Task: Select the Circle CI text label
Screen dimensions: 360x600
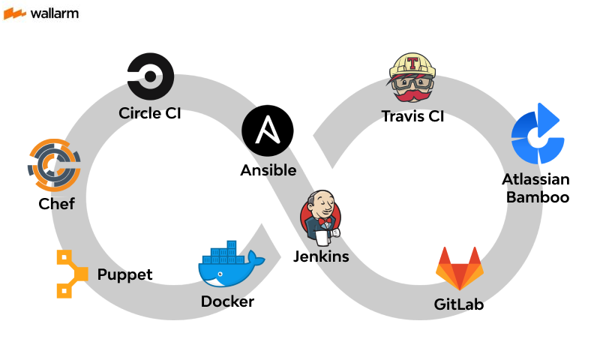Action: pos(150,114)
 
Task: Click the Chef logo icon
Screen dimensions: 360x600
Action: pos(54,166)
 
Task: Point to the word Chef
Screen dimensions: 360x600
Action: pos(57,203)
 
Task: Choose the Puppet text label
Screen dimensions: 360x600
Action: pos(124,274)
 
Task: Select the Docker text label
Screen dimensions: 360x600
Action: pos(227,301)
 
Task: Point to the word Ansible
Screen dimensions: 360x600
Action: pos(268,170)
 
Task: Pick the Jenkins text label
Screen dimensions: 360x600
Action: pos(321,257)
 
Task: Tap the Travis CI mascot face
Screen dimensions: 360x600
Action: pos(412,79)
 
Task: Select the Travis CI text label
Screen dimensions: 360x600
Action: pos(412,116)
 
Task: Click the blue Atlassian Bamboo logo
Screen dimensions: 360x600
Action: pos(537,135)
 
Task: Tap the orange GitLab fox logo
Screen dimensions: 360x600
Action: pos(459,268)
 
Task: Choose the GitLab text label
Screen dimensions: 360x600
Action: pos(459,304)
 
